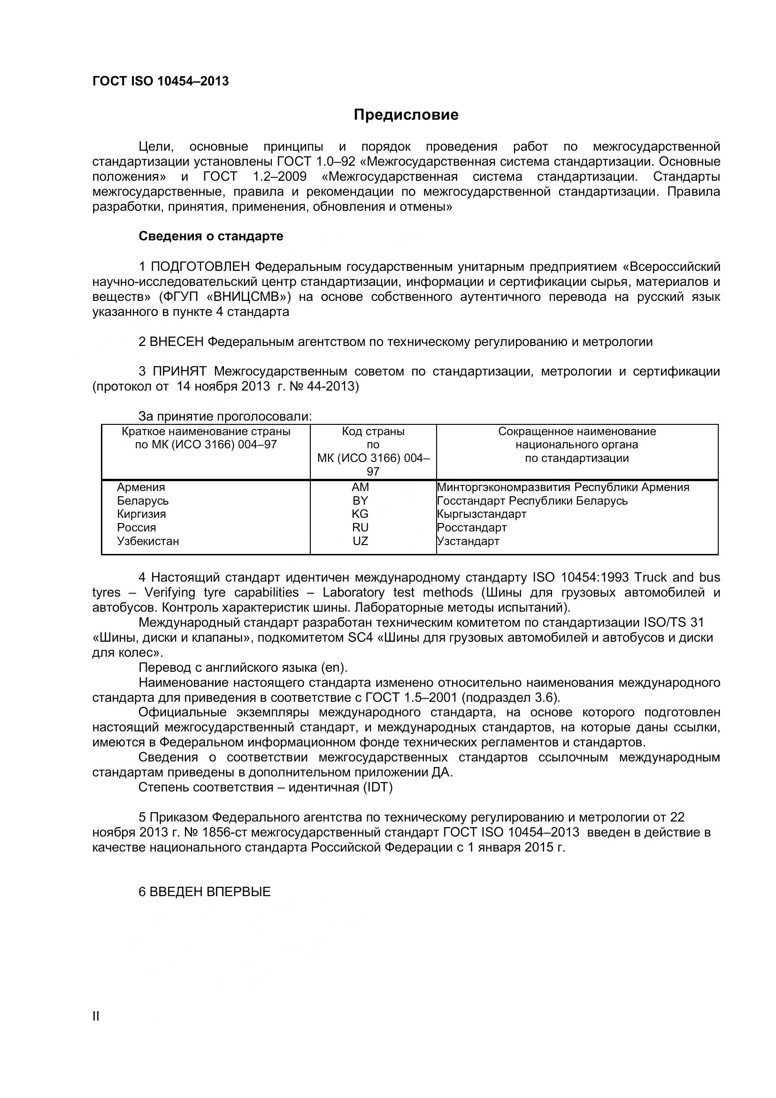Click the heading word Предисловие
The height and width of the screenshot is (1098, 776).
point(406,115)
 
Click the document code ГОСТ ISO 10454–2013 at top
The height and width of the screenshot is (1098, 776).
point(160,81)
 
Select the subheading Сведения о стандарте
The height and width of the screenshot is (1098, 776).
point(210,236)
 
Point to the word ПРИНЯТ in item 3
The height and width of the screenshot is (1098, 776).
point(179,372)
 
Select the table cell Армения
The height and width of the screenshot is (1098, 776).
point(141,487)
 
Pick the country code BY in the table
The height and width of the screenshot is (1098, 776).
point(360,501)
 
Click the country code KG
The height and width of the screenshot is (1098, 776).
point(360,514)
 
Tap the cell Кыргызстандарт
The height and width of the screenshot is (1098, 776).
point(482,514)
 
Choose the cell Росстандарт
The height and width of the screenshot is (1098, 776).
point(472,528)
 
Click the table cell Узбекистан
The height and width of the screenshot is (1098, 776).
point(148,541)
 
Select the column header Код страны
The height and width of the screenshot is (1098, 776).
point(373,431)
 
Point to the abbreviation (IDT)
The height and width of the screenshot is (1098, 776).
point(378,787)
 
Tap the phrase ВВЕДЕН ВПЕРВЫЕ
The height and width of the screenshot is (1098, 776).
point(210,892)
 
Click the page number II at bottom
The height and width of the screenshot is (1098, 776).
point(96,1029)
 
